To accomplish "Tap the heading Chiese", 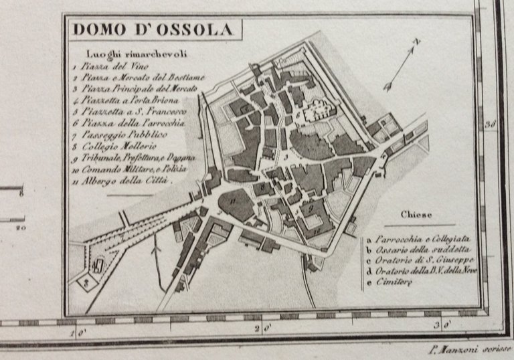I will pos(416,215).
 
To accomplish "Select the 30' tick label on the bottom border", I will pos(442,327).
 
